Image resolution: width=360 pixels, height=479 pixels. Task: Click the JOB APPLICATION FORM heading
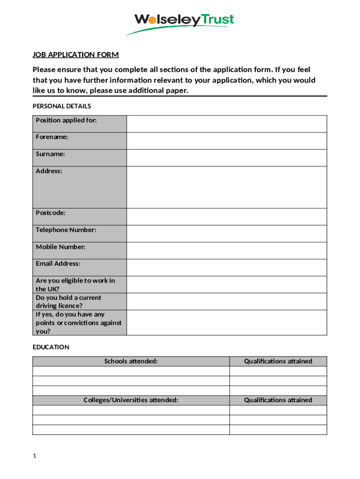tap(76, 55)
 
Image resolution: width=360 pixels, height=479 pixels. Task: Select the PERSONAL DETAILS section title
tap(62, 106)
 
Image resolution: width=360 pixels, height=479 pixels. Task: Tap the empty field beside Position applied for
tap(226, 124)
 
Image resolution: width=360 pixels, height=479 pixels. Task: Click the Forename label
tap(52, 137)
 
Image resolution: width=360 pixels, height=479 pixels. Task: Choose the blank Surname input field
tap(226, 158)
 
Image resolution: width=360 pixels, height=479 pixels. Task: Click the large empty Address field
tap(226, 187)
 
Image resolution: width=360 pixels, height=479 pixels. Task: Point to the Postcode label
tap(50, 213)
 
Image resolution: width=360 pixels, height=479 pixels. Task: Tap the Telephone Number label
tap(66, 230)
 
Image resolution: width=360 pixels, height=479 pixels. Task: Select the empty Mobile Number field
tap(226, 250)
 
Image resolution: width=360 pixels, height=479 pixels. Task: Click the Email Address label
tap(58, 263)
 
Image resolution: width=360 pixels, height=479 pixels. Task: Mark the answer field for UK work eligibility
tap(226, 284)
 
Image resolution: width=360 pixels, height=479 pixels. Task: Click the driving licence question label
tap(68, 302)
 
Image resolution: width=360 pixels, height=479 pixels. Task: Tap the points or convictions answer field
tap(226, 322)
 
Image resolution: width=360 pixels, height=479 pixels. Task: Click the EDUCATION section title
tap(51, 347)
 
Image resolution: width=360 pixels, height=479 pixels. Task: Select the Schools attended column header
tap(131, 361)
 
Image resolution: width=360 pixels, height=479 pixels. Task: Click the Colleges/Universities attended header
tap(131, 400)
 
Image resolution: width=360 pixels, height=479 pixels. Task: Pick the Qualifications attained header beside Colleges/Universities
tap(278, 400)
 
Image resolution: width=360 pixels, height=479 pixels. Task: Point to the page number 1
tap(35, 456)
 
